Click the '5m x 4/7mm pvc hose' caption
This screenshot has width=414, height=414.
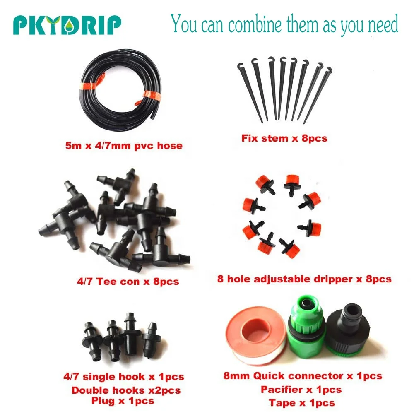pos(124,145)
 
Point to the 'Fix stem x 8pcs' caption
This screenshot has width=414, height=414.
pos(284,138)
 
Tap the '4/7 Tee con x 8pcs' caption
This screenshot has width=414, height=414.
pos(128,282)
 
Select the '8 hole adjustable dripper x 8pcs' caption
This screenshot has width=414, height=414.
pos(304,279)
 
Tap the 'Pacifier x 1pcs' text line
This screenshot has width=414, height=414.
pos(301,390)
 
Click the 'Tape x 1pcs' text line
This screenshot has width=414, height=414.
pos(302,403)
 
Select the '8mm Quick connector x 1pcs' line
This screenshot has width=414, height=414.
pos(303,376)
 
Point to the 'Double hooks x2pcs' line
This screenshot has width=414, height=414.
pos(126,390)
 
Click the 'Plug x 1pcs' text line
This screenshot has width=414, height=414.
pos(123,401)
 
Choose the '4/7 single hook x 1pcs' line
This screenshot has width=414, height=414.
pos(123,377)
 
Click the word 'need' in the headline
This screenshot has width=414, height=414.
pos(383,24)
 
